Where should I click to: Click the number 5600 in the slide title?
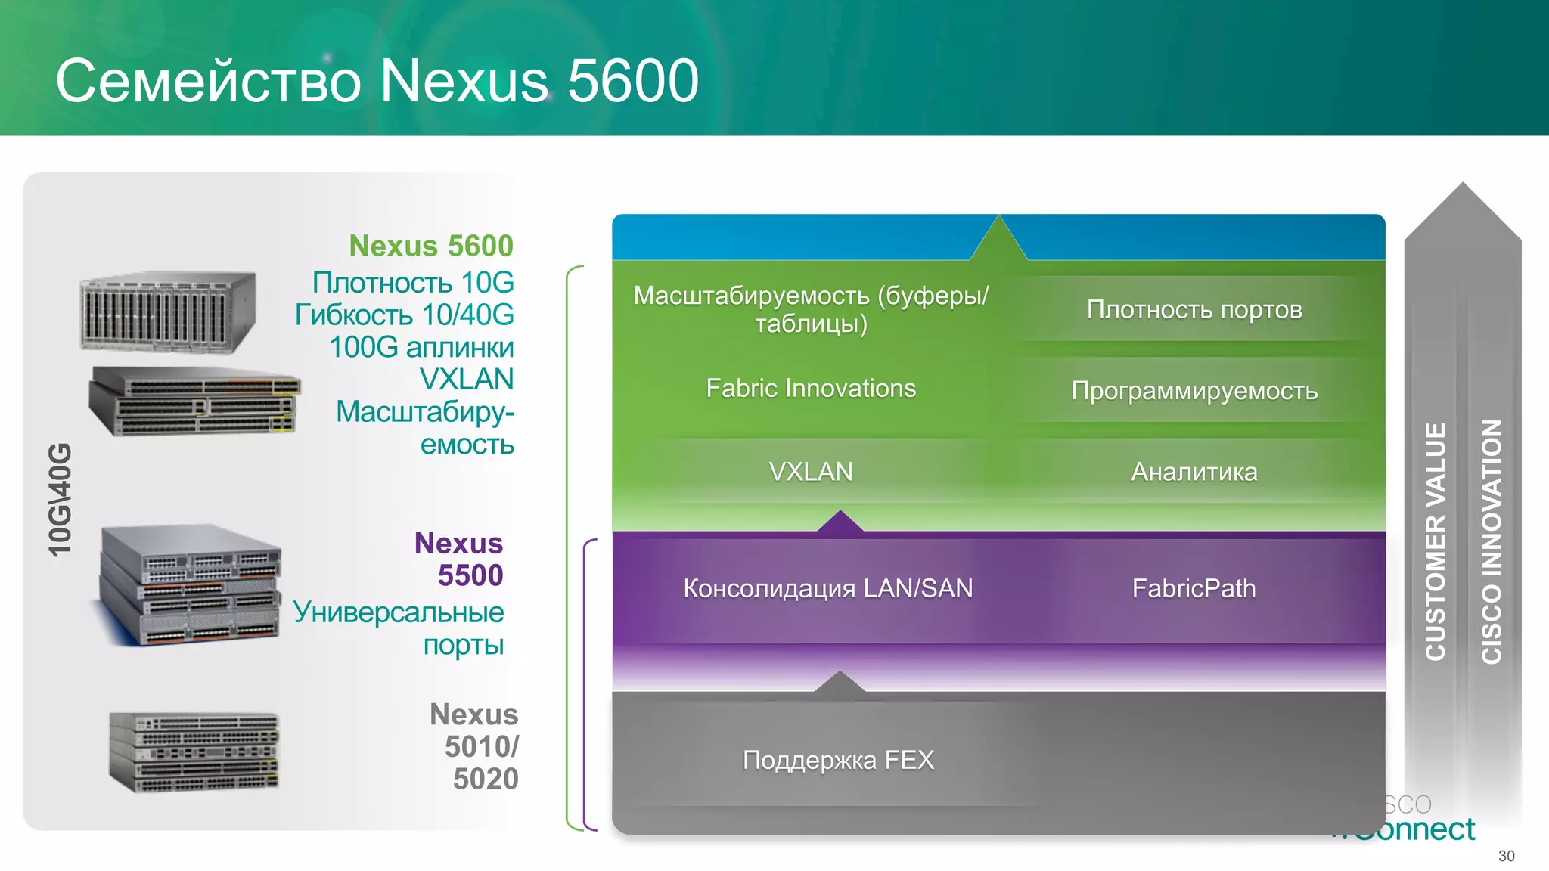coord(632,81)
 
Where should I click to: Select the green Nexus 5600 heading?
coord(430,246)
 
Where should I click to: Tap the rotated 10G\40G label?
coord(60,500)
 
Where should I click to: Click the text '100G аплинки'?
coord(421,347)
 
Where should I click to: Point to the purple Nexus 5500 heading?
coord(458,559)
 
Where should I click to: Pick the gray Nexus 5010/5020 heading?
coord(474,746)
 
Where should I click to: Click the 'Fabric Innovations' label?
coord(811,388)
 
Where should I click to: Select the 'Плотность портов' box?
coord(1194,309)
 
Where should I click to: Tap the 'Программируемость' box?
coord(1194,390)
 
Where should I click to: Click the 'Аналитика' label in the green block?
coord(1194,472)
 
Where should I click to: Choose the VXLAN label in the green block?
coord(811,472)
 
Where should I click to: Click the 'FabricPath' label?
coord(1194,588)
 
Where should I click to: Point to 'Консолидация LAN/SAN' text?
coord(828,588)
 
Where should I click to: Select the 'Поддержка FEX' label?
coord(838,760)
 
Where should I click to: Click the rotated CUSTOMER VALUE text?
coord(1435,541)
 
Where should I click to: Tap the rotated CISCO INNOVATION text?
coord(1491,541)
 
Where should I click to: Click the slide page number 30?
coord(1506,856)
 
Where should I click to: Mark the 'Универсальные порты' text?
coord(399,628)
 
